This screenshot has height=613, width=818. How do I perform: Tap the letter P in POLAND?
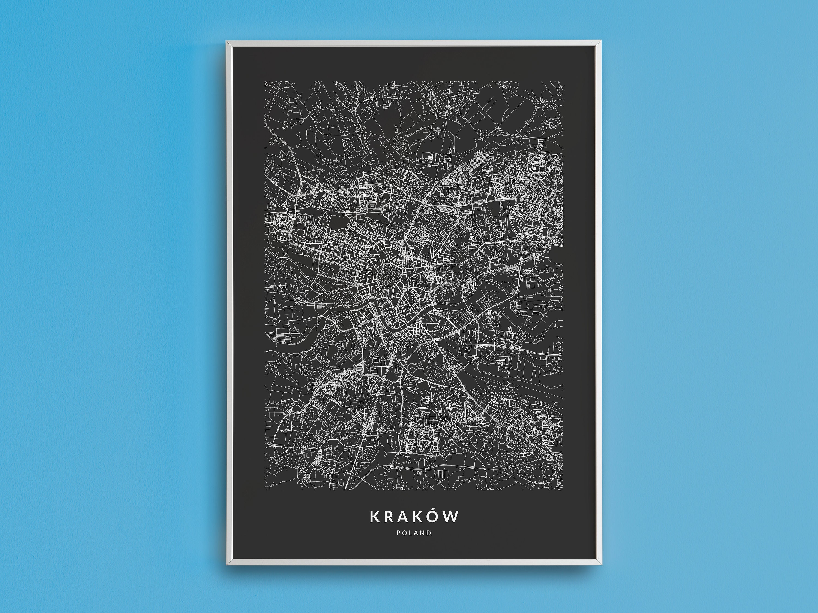[x=398, y=533]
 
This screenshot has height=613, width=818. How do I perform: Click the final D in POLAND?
[x=429, y=533]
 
